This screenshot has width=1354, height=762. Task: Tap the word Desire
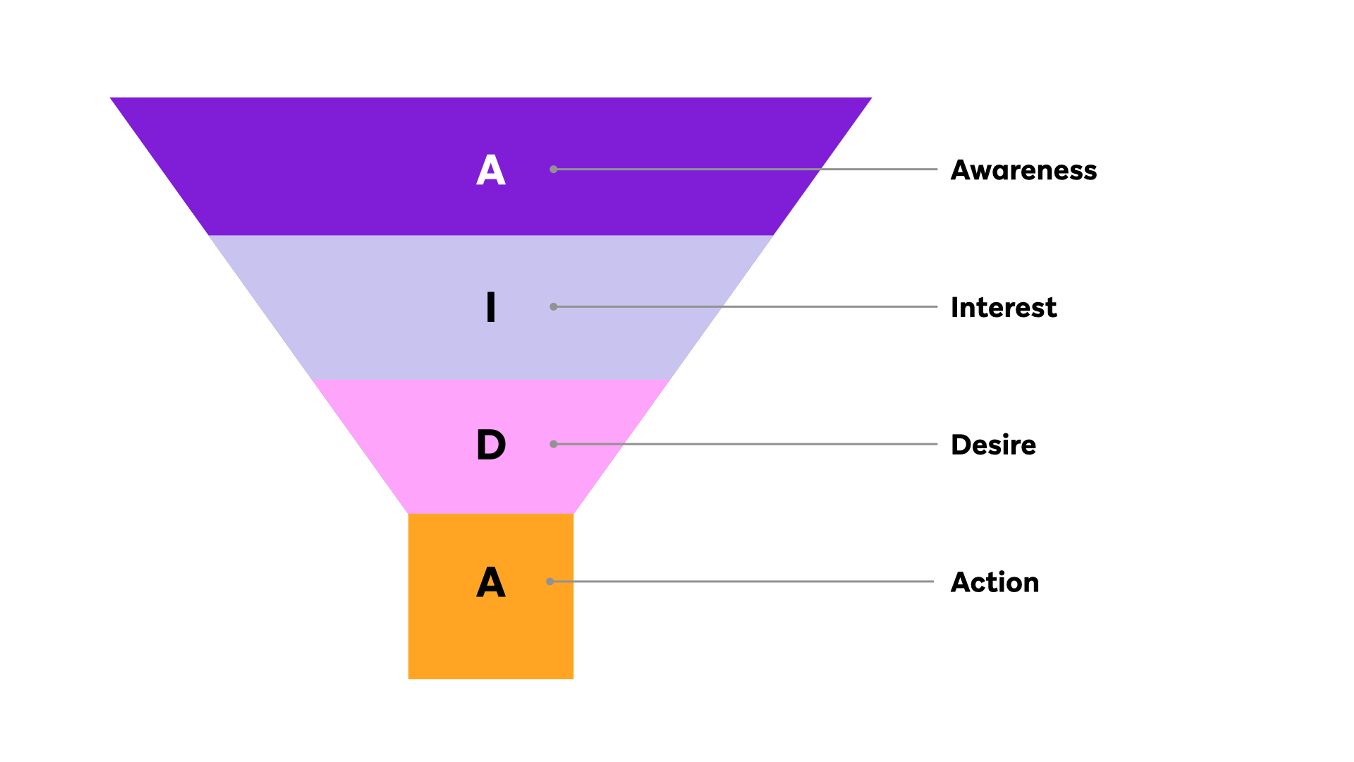pyautogui.click(x=993, y=445)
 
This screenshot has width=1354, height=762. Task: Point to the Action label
pyautogui.click(x=994, y=582)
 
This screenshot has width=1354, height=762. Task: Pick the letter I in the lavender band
pyautogui.click(x=490, y=307)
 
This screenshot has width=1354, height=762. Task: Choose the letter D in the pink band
pyautogui.click(x=491, y=445)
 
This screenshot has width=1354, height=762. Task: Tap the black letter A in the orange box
pyautogui.click(x=490, y=582)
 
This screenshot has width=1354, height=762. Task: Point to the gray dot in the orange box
pyautogui.click(x=550, y=582)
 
